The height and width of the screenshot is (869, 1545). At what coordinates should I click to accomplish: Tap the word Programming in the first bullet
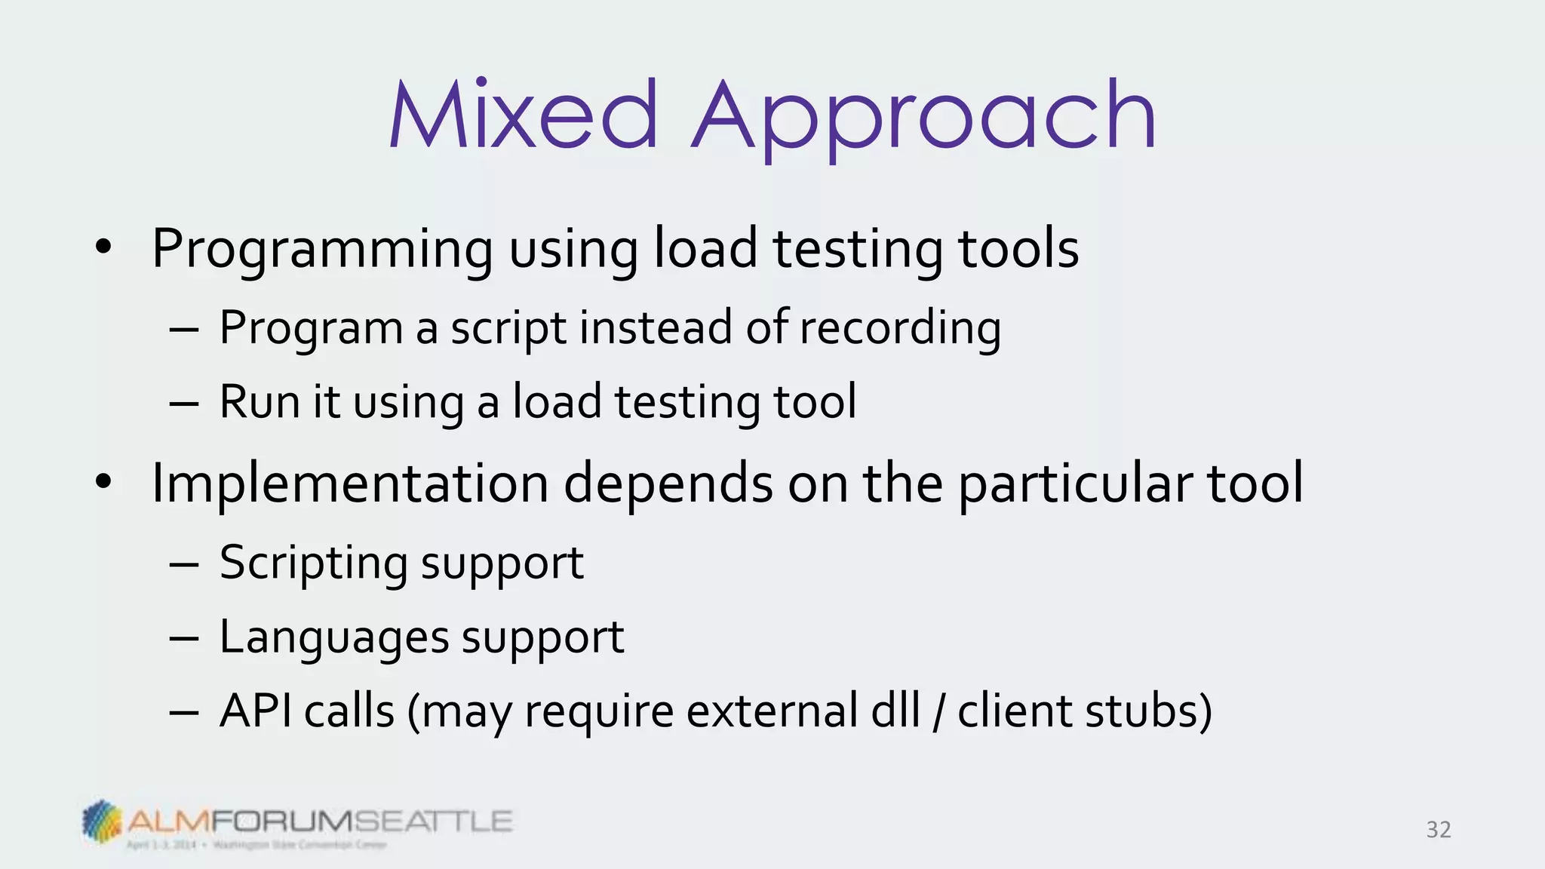(322, 250)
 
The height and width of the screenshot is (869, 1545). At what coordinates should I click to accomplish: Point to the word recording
(900, 329)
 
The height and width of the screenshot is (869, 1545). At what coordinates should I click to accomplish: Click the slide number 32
(1438, 830)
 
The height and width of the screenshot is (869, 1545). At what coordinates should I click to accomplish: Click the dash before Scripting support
(184, 564)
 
